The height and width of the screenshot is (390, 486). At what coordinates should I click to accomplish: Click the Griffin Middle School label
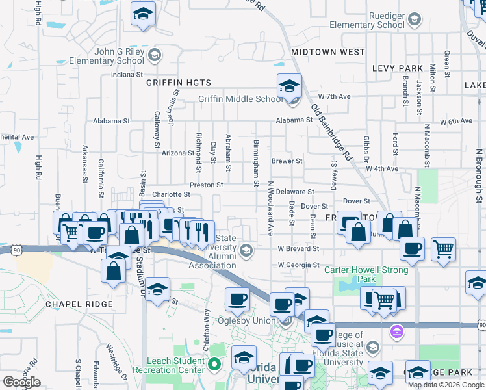pos(240,99)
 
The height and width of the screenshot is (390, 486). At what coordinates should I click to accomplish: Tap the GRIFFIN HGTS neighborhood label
pos(179,83)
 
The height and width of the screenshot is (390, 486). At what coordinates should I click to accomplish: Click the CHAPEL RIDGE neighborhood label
pos(79,304)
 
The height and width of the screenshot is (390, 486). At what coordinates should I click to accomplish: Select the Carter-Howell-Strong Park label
pos(367,274)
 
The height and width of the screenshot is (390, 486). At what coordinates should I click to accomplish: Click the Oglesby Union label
pos(251,320)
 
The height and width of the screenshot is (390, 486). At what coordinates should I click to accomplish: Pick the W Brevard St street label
pos(298,248)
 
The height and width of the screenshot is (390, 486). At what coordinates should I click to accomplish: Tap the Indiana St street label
pos(126,75)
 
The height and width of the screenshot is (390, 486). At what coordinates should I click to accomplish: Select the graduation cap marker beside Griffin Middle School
pos(289,85)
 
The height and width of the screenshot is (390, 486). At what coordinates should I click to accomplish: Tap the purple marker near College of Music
pos(396,331)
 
